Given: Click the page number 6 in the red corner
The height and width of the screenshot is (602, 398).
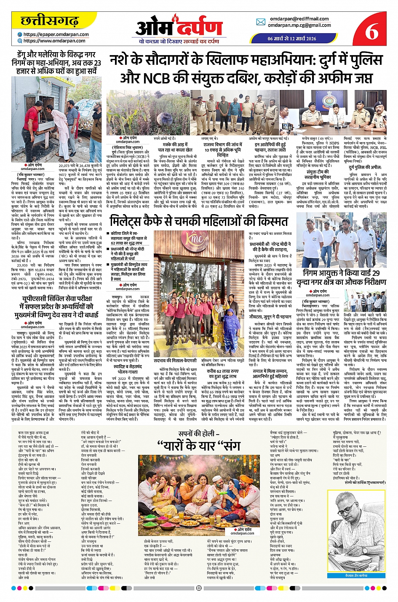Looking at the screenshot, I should coord(371,31).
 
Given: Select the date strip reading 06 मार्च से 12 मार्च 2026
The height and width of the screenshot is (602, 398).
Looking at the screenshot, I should coord(291,38).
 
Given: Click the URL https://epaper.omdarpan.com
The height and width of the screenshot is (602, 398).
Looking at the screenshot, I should coord(56,34).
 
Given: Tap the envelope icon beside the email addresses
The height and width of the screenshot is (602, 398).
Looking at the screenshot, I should coord(261,22).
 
